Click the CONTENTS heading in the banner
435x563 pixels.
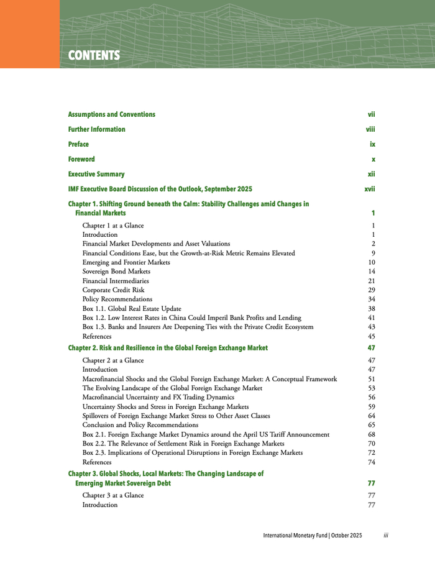(x=93, y=55)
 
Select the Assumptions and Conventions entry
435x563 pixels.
(x=111, y=114)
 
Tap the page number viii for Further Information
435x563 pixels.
(x=370, y=129)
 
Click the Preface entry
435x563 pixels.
(x=78, y=144)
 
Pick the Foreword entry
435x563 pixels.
(x=81, y=159)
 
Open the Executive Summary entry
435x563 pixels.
(x=96, y=174)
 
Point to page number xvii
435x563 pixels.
(x=369, y=189)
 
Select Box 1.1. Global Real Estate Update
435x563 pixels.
(x=132, y=308)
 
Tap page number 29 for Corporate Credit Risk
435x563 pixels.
(x=372, y=290)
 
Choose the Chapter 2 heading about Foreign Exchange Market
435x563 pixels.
(x=168, y=348)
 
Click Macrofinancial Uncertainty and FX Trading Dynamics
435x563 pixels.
(x=158, y=397)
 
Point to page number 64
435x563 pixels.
(x=372, y=416)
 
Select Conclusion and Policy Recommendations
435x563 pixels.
(x=144, y=425)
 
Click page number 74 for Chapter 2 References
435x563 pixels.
(x=372, y=462)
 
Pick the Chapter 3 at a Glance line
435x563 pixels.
(x=113, y=495)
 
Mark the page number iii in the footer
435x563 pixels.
(x=386, y=535)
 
